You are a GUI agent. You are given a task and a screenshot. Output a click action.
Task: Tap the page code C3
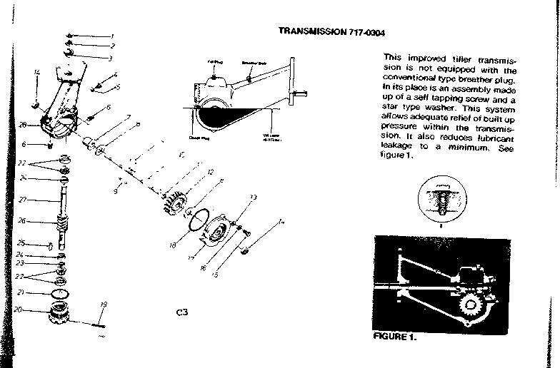coord(181,312)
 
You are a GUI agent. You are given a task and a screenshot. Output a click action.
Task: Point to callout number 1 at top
coord(111,36)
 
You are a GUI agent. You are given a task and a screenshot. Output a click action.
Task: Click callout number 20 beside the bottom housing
coord(18,310)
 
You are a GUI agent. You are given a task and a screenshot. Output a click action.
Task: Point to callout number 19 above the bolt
coord(103,305)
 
